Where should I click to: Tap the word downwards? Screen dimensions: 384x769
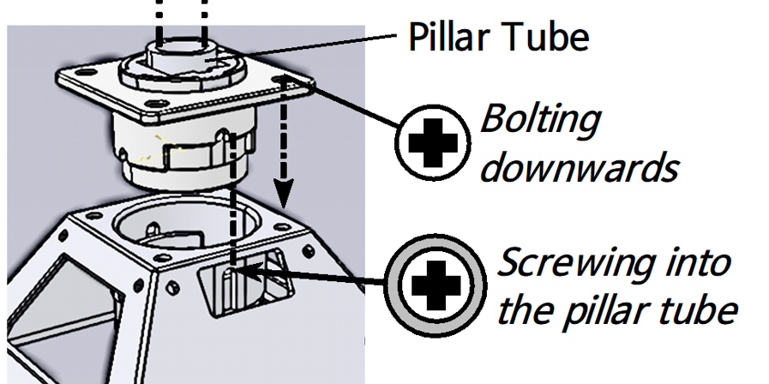[579, 167]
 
